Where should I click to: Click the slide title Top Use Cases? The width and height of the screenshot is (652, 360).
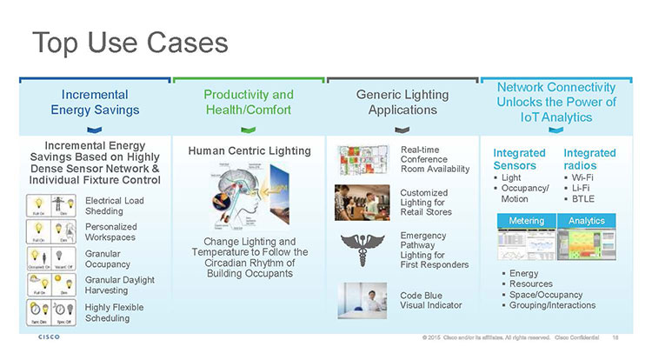point(130,43)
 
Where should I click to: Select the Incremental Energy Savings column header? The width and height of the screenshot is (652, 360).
point(96,102)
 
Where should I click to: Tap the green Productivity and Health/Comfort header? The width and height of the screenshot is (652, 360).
point(249,102)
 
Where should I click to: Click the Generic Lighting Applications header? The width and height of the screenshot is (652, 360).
point(403,102)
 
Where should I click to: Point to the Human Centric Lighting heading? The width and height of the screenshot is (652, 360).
point(249,150)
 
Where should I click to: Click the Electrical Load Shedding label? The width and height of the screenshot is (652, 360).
point(115,205)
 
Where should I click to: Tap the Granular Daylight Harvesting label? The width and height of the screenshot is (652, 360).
point(120,285)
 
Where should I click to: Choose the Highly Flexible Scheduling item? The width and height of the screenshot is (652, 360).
point(115,312)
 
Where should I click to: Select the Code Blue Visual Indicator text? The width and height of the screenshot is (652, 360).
point(430,300)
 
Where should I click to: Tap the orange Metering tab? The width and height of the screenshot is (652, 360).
point(527,221)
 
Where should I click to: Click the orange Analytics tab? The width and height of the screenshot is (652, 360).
point(586,221)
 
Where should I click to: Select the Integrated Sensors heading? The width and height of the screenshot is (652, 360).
point(519,159)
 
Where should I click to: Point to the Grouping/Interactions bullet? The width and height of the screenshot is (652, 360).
point(553,305)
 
